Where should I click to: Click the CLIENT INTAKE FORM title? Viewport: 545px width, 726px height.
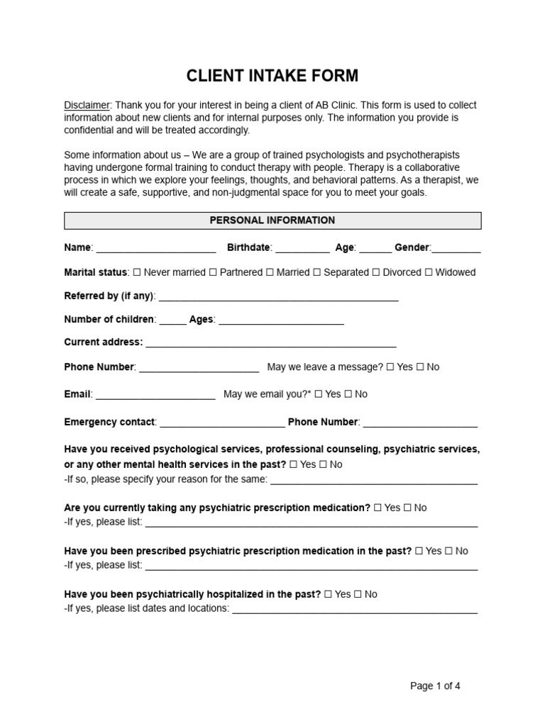tap(272, 76)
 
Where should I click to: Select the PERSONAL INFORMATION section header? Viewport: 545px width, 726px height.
tap(272, 220)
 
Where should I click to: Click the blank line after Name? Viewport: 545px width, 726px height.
tap(155, 249)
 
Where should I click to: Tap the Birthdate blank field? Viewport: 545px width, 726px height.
tap(302, 249)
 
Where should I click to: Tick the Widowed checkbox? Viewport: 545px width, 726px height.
tap(429, 272)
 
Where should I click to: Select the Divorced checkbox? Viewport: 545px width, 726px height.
tap(376, 272)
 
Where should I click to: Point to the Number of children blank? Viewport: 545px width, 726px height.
tap(172, 320)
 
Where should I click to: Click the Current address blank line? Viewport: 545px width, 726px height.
tap(270, 343)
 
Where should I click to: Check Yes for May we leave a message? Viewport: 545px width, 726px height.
tap(390, 367)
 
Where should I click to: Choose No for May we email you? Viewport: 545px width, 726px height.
tap(349, 394)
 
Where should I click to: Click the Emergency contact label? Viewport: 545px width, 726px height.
tap(109, 422)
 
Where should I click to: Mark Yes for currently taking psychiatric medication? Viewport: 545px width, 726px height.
tap(378, 508)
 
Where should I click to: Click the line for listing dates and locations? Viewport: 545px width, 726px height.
tap(355, 610)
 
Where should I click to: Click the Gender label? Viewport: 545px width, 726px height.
tap(412, 247)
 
